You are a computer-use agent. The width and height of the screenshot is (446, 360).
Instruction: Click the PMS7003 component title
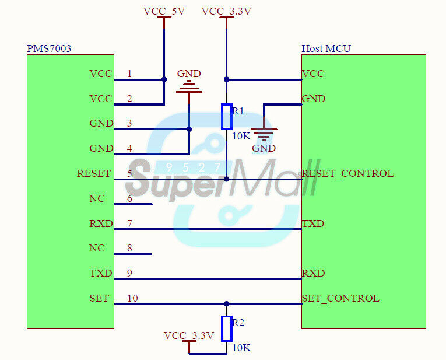pyautogui.click(x=49, y=48)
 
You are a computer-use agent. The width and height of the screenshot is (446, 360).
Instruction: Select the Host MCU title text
pyautogui.click(x=326, y=48)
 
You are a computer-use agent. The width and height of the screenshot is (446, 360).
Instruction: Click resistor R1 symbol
pyautogui.click(x=226, y=116)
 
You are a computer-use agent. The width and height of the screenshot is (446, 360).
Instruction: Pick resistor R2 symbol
pyautogui.click(x=226, y=328)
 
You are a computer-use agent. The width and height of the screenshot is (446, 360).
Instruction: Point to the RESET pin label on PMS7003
pyautogui.click(x=93, y=173)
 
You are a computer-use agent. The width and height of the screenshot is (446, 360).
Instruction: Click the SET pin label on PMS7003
pyautogui.click(x=99, y=298)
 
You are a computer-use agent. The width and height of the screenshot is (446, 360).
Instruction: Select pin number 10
pyautogui.click(x=132, y=298)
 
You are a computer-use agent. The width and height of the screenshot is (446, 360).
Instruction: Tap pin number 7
pyautogui.click(x=129, y=223)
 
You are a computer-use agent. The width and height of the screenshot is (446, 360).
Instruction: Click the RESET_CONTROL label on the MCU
pyautogui.click(x=347, y=173)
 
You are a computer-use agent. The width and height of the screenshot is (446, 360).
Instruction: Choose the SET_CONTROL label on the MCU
pyautogui.click(x=340, y=298)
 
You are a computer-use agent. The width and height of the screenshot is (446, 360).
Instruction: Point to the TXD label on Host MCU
pyautogui.click(x=313, y=223)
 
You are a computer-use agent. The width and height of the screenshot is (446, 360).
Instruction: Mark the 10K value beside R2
pyautogui.click(x=241, y=348)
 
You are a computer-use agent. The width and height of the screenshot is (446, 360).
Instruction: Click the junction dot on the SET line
pyautogui.click(x=226, y=303)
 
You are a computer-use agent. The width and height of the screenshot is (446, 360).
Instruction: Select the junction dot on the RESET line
pyautogui.click(x=226, y=179)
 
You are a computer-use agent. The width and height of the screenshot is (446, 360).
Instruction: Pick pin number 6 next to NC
pyautogui.click(x=129, y=198)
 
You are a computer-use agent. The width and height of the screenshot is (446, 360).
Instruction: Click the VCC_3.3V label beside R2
pyautogui.click(x=189, y=335)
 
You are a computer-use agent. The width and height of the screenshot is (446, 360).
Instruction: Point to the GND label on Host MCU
pyautogui.click(x=313, y=99)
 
